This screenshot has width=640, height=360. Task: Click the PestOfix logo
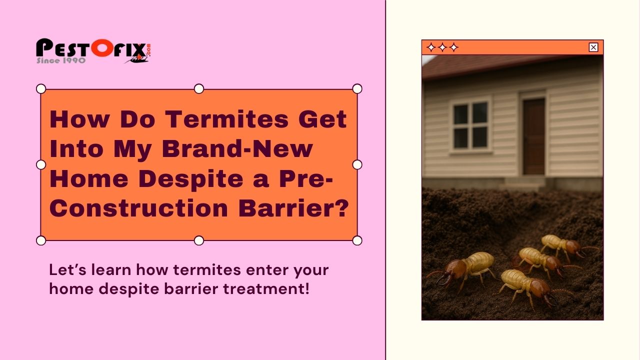(93, 51)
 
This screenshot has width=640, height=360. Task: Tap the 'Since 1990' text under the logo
(61, 60)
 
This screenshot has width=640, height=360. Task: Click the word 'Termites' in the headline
(227, 119)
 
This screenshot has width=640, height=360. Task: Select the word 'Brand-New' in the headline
(237, 148)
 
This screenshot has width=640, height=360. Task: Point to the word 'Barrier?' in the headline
(293, 208)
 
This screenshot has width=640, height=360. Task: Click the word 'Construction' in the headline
(139, 208)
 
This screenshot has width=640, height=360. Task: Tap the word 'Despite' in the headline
(191, 179)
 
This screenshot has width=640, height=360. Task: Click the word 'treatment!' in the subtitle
(266, 288)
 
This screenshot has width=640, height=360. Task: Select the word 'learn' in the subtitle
(111, 269)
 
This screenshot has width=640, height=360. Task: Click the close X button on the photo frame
(593, 47)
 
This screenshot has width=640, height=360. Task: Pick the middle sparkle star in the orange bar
(442, 47)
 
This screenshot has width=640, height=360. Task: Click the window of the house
(471, 125)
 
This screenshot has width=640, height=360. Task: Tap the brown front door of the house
(533, 136)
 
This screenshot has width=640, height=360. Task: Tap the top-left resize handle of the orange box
(41, 89)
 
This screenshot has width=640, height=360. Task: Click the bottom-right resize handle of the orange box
(357, 240)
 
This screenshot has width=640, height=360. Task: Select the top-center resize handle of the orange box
(199, 89)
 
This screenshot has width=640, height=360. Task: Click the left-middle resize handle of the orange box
(41, 165)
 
